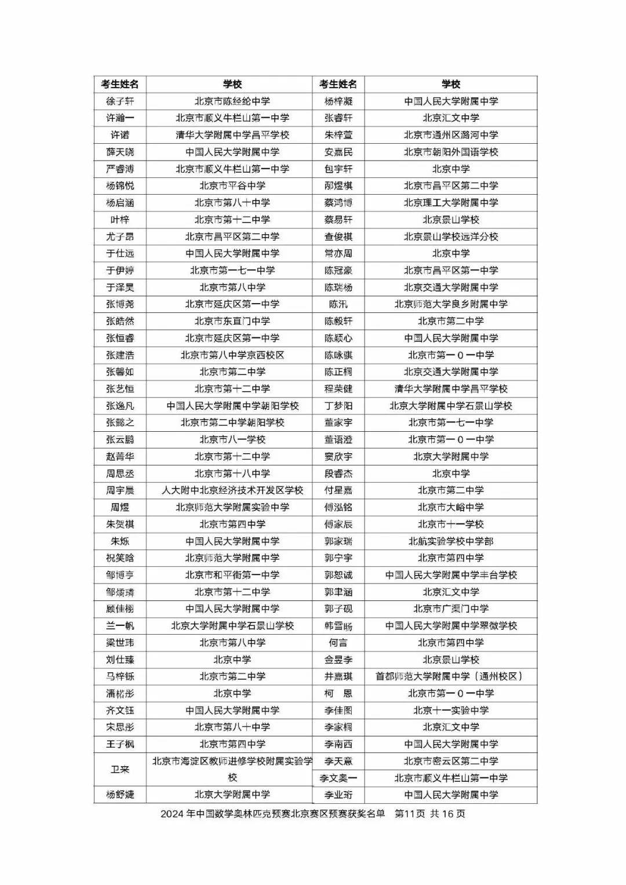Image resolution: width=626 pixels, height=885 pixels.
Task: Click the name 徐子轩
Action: coord(120,101)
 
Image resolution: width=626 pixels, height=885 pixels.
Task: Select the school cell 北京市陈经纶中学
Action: coord(232,101)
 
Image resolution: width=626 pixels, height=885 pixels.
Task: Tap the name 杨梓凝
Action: coord(339,101)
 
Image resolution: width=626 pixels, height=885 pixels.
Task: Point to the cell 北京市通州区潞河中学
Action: coord(450,135)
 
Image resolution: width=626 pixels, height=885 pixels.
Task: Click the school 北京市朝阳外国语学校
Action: coord(450,152)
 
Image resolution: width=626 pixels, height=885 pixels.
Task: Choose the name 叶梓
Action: coord(120,220)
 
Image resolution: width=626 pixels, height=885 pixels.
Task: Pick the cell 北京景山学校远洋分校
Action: coord(450,236)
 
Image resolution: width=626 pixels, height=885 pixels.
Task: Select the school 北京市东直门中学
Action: coord(232,321)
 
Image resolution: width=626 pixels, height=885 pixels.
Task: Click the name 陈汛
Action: coord(339,304)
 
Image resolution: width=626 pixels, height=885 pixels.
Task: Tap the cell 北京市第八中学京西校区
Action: coord(232,355)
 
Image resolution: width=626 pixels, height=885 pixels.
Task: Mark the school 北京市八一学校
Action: coord(232,439)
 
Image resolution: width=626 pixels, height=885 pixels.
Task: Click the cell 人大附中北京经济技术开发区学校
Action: coord(232,490)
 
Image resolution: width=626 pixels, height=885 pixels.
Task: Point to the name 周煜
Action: coord(120,507)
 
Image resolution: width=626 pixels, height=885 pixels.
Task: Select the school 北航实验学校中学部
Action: coord(450,541)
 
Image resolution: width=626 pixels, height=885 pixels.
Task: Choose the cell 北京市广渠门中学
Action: coord(450,609)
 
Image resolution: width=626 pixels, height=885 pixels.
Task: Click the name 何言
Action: coord(339,643)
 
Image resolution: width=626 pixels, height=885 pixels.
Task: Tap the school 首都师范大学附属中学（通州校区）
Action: coord(450,676)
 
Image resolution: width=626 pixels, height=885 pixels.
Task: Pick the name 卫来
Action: coord(120,769)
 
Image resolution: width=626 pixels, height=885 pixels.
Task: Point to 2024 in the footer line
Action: coord(172,814)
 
